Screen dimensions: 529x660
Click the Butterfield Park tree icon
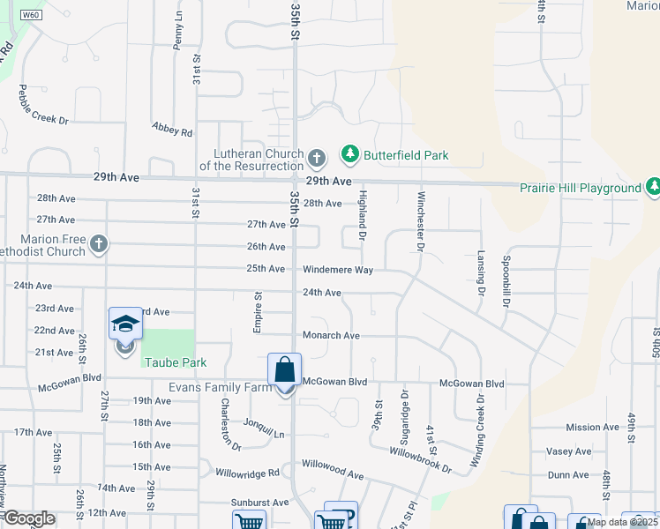point(350,155)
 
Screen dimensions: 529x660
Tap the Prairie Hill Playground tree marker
point(654,187)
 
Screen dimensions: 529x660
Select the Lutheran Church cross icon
point(318,159)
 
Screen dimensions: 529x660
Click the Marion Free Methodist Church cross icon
point(98,242)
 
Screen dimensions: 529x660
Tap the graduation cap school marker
point(125,324)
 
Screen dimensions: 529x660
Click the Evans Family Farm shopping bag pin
point(285,370)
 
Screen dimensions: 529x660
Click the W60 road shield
point(31,16)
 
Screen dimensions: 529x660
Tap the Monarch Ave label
point(331,336)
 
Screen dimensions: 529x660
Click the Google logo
point(29,518)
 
